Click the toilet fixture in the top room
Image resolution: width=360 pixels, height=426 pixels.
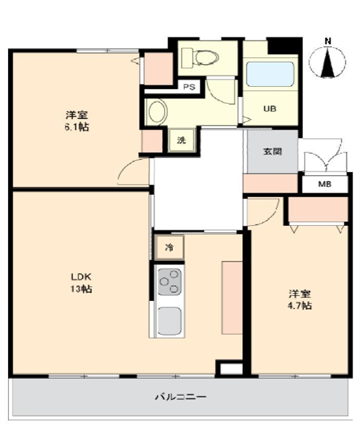(x=200, y=58)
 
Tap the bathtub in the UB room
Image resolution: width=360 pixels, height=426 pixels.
(x=269, y=74)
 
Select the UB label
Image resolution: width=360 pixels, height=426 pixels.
(x=269, y=109)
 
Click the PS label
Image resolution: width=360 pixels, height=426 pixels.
(x=189, y=87)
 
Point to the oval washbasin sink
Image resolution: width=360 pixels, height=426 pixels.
(x=158, y=111)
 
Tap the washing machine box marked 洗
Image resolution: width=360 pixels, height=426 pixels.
(x=181, y=141)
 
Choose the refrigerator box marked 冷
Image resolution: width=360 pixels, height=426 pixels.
(x=169, y=247)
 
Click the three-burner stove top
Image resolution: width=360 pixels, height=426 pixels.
(x=169, y=282)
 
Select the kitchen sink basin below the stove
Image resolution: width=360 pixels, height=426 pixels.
(x=169, y=321)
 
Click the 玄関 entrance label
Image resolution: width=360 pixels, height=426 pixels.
(x=272, y=152)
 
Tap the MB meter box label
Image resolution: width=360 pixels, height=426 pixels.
(x=325, y=184)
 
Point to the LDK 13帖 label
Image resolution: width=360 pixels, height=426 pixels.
(x=81, y=283)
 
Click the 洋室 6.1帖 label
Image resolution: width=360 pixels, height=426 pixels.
(x=77, y=121)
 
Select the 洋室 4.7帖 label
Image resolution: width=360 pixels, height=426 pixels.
(x=300, y=300)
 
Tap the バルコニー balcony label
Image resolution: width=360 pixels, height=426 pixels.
(x=180, y=397)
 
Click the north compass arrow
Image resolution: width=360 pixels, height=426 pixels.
(x=328, y=62)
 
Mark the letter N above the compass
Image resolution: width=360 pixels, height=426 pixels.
(x=328, y=41)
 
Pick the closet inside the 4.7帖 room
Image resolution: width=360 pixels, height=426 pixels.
(x=318, y=210)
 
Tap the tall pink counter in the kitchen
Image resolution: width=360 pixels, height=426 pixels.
(x=232, y=298)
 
